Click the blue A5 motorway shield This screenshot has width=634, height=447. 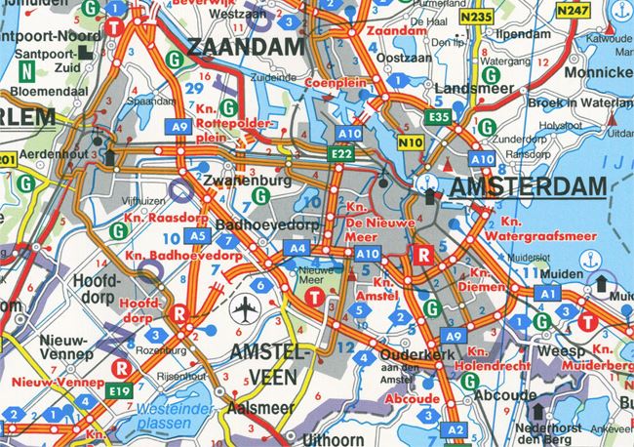(x=197, y=235)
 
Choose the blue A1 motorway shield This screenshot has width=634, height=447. (x=547, y=294)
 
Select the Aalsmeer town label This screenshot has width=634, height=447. (x=257, y=408)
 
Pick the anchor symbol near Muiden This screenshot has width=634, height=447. (x=588, y=261)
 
